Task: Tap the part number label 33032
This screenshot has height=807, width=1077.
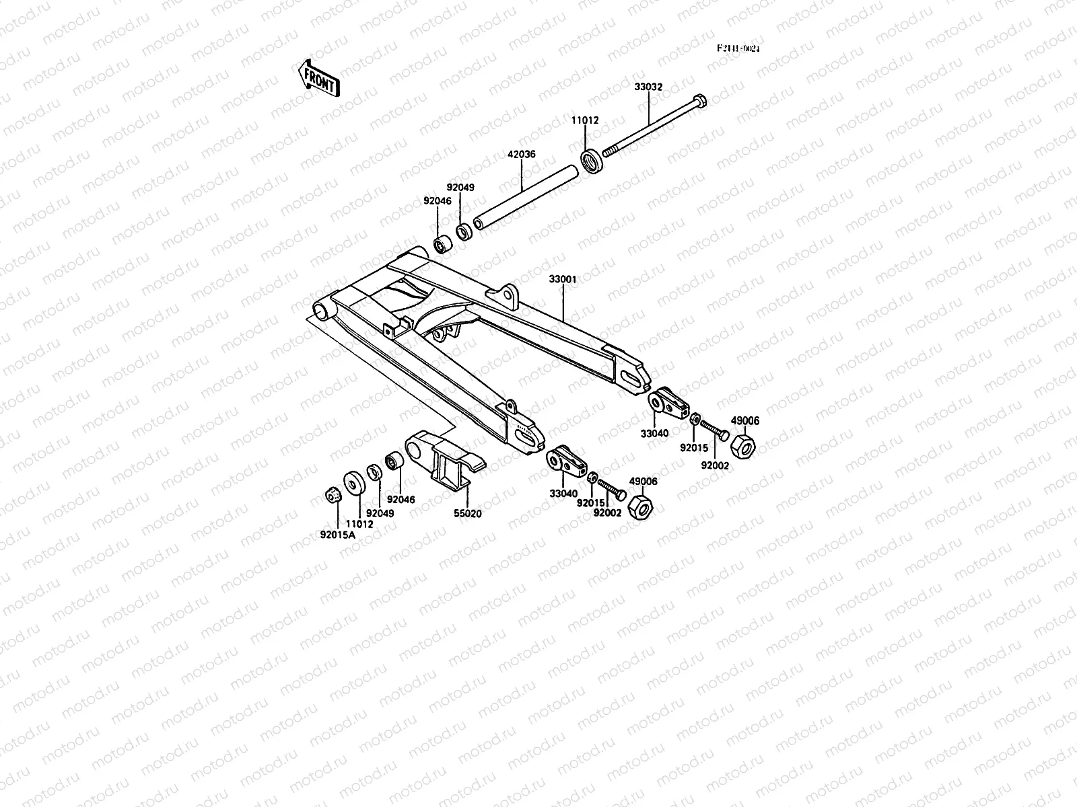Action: click(648, 87)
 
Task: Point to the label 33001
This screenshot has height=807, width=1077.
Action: click(562, 278)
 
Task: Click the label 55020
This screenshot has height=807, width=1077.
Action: click(468, 513)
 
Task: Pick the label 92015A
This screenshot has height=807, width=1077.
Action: click(337, 535)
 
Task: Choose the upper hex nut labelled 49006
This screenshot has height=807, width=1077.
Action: click(742, 446)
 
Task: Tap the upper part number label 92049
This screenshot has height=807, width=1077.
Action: click(460, 188)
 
